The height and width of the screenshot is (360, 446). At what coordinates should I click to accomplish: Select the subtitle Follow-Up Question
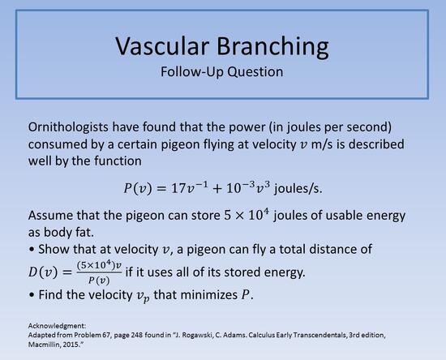coord(222,71)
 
